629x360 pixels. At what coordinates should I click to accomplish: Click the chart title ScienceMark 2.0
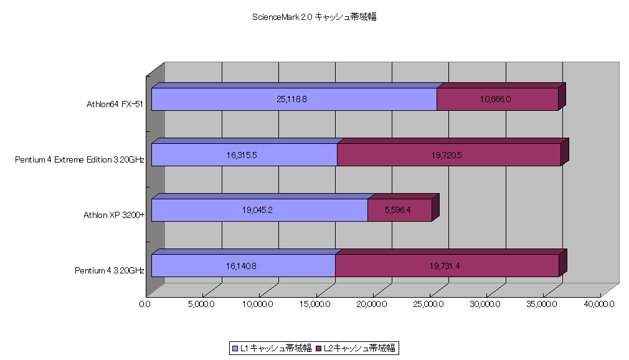[282, 17]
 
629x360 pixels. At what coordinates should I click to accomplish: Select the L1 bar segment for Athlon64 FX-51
[294, 99]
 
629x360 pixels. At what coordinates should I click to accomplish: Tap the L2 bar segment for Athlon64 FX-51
[498, 99]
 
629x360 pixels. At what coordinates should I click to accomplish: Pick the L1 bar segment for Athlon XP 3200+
[260, 210]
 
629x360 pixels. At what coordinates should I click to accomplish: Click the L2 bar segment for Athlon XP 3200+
[400, 210]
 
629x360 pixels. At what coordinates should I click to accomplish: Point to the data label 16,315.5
[242, 155]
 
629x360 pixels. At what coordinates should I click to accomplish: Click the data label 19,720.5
[447, 155]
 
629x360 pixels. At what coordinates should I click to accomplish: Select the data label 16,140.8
[241, 266]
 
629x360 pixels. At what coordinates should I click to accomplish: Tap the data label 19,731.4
[445, 266]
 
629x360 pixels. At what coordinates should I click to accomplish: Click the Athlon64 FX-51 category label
[115, 105]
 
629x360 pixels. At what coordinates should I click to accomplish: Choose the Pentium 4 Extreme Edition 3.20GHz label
[80, 159]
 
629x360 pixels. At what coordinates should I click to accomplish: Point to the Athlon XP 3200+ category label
[114, 215]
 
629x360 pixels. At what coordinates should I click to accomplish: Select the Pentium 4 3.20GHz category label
[110, 270]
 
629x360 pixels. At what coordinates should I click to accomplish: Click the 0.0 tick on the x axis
[145, 304]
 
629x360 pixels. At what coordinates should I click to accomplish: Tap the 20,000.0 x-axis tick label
[371, 304]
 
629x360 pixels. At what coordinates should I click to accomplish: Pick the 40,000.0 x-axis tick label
[599, 304]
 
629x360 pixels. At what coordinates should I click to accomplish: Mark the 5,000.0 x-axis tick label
[201, 304]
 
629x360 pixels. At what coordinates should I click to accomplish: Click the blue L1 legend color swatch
[235, 348]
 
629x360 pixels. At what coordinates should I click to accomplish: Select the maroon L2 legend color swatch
[319, 348]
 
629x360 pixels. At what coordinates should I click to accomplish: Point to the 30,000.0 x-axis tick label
[485, 304]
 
